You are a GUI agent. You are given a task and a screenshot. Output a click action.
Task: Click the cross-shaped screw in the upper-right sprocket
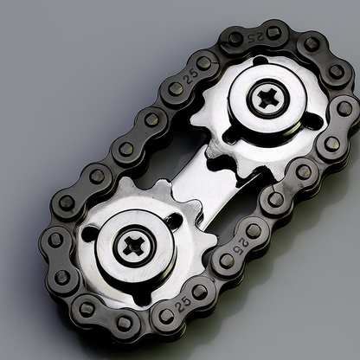pyautogui.click(x=267, y=98)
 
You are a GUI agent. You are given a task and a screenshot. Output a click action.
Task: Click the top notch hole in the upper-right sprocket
pyautogui.click(x=260, y=61)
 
